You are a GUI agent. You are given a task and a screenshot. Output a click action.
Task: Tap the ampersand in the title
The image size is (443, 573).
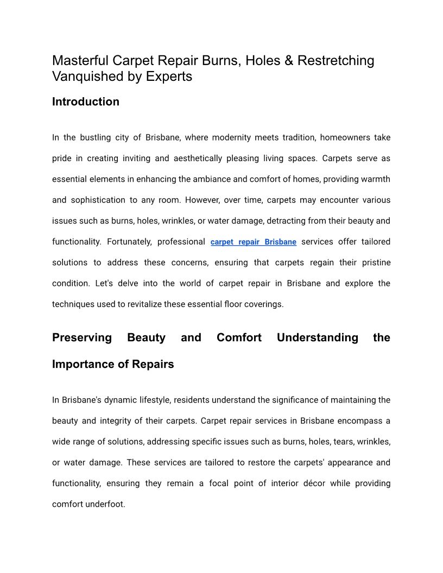[288, 60]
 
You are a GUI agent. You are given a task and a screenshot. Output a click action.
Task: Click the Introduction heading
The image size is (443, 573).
[86, 101]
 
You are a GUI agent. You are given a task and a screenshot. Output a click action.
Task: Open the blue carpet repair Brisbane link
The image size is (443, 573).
[254, 242]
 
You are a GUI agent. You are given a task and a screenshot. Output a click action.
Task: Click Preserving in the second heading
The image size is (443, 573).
[82, 338]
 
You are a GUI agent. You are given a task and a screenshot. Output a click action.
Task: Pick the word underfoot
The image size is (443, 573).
[105, 504]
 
